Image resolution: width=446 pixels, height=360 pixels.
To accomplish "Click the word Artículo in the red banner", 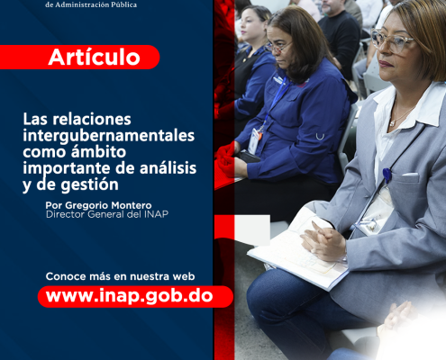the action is [94, 57].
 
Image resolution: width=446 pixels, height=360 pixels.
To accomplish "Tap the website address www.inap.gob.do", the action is [130, 296].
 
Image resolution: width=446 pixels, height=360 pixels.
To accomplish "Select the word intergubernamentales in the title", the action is [109, 136].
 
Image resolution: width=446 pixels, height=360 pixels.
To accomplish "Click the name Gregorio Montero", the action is [108, 205].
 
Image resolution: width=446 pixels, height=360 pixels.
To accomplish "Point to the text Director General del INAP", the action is [107, 214].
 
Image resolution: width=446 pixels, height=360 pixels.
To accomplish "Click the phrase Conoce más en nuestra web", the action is [120, 276].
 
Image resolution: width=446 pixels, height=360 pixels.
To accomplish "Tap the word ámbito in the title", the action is [98, 151].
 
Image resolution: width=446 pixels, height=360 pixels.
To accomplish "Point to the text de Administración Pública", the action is [91, 4].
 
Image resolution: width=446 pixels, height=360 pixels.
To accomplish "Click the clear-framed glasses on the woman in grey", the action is [392, 41].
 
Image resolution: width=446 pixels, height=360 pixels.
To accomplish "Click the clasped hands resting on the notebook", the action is [323, 240].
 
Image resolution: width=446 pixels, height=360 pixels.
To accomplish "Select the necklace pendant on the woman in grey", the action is [392, 123].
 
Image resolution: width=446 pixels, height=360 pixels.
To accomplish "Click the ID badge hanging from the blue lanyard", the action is [254, 141].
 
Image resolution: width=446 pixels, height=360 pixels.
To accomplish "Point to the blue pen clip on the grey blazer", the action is [387, 175].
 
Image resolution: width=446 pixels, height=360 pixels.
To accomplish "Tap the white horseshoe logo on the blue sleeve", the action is [320, 137].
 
